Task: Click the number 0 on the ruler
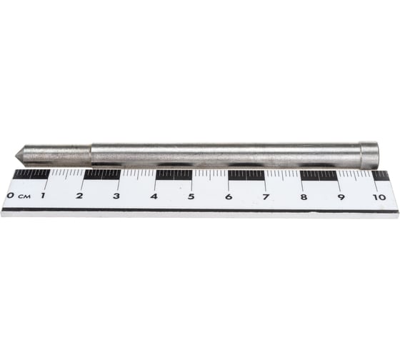click(x=11, y=196)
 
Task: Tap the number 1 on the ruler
click(x=43, y=196)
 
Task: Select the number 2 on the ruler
click(x=79, y=196)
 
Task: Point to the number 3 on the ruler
click(x=116, y=196)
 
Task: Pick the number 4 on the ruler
click(x=154, y=196)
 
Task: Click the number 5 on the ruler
click(x=191, y=196)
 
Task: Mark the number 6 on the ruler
click(x=229, y=196)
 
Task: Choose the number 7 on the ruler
click(x=266, y=197)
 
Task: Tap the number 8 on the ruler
click(x=304, y=197)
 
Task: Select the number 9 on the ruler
click(x=341, y=197)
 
